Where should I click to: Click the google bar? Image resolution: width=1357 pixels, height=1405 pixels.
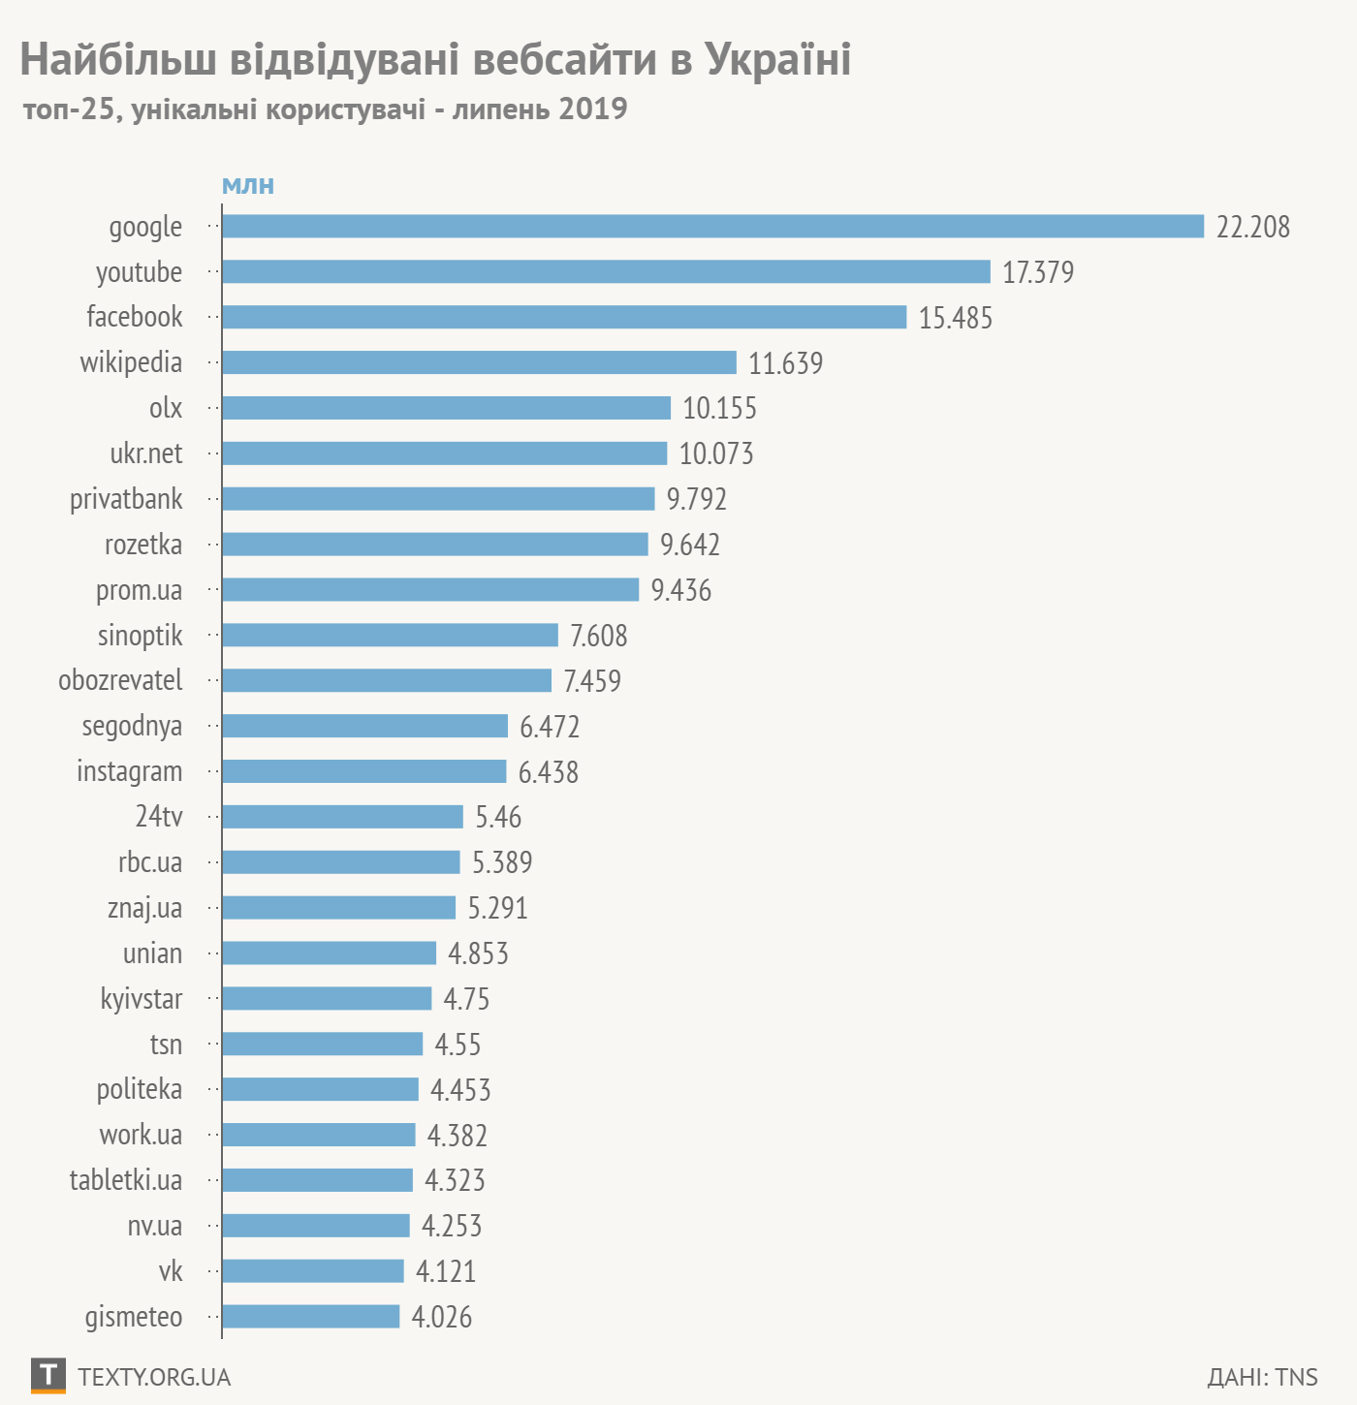pyautogui.click(x=712, y=226)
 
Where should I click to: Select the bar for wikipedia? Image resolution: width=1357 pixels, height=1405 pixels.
pyautogui.click(x=479, y=362)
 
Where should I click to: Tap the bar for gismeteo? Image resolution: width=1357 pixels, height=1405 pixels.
pyautogui.click(x=310, y=1316)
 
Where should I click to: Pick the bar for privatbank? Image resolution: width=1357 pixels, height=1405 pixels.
pyautogui.click(x=438, y=499)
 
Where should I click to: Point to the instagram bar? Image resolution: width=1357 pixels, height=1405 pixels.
pyautogui.click(x=363, y=771)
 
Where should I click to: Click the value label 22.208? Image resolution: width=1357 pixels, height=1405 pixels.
pyautogui.click(x=1253, y=227)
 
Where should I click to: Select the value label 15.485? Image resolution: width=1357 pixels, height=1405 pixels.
pyautogui.click(x=956, y=318)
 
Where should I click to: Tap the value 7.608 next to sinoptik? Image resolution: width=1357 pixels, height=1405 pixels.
pyautogui.click(x=599, y=636)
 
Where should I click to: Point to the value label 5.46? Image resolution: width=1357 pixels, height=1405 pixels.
pyautogui.click(x=498, y=817)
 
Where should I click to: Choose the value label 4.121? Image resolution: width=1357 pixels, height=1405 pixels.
pyautogui.click(x=446, y=1271)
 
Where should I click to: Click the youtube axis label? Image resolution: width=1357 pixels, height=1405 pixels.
pyautogui.click(x=139, y=272)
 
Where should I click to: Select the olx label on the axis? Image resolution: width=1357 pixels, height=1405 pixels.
pyautogui.click(x=166, y=408)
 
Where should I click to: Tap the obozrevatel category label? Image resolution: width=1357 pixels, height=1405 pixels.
pyautogui.click(x=120, y=680)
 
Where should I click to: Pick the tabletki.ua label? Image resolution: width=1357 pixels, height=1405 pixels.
pyautogui.click(x=126, y=1180)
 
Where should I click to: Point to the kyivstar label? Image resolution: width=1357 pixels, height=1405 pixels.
pyautogui.click(x=142, y=999)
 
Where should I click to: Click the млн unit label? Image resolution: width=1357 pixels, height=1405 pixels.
pyautogui.click(x=248, y=185)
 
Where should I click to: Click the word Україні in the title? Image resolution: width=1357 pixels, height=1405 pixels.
pyautogui.click(x=777, y=60)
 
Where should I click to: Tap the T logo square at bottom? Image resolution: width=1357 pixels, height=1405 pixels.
pyautogui.click(x=48, y=1375)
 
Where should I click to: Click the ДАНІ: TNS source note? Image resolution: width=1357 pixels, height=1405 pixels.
pyautogui.click(x=1262, y=1377)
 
